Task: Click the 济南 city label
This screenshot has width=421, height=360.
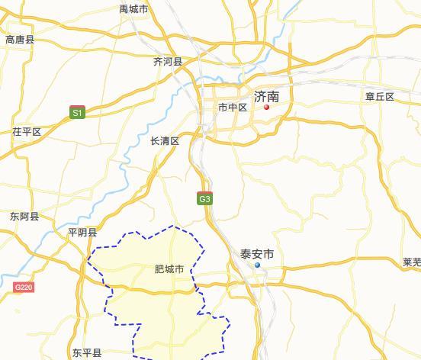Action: click(x=266, y=97)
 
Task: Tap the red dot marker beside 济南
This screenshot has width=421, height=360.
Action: click(x=266, y=108)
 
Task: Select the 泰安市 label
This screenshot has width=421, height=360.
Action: click(x=256, y=254)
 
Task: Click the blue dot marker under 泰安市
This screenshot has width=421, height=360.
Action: click(x=257, y=265)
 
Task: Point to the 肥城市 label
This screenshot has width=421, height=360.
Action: click(x=169, y=269)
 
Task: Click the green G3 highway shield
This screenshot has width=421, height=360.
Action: click(x=204, y=199)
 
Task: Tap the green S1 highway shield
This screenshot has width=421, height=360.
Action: click(x=77, y=112)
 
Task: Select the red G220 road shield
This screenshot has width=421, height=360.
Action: click(x=24, y=288)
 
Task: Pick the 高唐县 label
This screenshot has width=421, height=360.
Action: click(x=20, y=40)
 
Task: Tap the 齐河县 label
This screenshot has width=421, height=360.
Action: click(x=168, y=62)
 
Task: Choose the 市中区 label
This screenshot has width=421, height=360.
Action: click(x=233, y=108)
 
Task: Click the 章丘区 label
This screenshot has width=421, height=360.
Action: click(x=379, y=97)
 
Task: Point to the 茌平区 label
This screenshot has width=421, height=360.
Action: click(x=26, y=132)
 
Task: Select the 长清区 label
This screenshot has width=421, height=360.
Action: click(x=165, y=141)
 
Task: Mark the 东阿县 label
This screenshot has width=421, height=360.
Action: click(x=24, y=217)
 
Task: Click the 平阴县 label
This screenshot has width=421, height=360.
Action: click(x=82, y=233)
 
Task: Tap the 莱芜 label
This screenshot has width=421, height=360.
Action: click(x=411, y=262)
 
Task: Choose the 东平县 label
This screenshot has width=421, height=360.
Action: click(x=87, y=353)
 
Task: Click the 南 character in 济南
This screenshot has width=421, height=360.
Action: click(x=273, y=97)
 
